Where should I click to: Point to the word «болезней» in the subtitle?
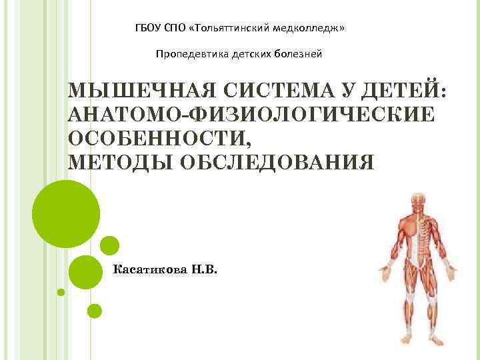pyautogui.click(x=297, y=53)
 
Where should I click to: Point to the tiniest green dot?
pyautogui.click(x=61, y=292)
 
